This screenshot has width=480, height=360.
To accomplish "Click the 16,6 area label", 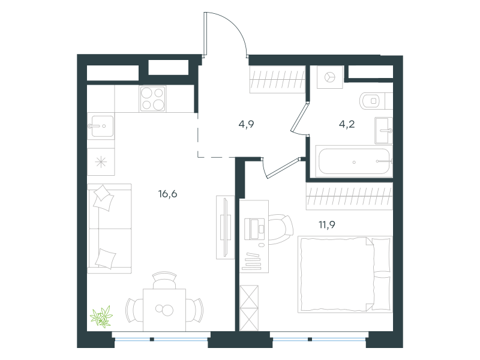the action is (x=168, y=194).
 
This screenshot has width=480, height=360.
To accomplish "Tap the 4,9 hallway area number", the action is (x=246, y=124).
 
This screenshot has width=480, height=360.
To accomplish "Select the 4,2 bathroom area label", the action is (x=347, y=124).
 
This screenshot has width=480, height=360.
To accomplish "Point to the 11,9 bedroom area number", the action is (x=327, y=224).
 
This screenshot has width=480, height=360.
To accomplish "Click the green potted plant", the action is (x=101, y=317).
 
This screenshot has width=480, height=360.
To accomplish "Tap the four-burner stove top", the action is (x=153, y=98).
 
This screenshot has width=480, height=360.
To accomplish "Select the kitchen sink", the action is (x=101, y=126).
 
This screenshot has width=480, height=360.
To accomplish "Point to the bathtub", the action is (x=354, y=161).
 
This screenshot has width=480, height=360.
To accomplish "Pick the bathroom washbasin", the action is (x=383, y=131).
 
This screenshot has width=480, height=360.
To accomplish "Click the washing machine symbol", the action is (x=329, y=77).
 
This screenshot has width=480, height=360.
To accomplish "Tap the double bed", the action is (x=345, y=274).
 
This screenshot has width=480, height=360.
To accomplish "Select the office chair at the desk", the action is (x=281, y=229).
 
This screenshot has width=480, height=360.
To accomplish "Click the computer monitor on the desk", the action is (x=254, y=229).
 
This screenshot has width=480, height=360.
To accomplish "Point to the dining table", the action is (x=164, y=310).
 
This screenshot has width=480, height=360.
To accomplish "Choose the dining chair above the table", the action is (x=164, y=280).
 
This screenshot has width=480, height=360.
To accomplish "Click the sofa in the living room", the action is (x=109, y=229).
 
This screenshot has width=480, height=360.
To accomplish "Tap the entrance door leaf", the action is (x=205, y=34).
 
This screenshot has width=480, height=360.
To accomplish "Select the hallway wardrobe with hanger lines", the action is (x=277, y=79).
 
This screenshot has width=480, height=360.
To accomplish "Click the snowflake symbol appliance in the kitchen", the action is (x=101, y=162).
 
